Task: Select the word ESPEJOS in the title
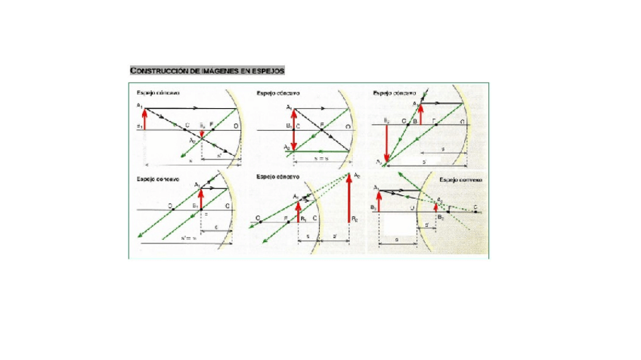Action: tap(268, 70)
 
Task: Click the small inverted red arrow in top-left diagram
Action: tap(201, 134)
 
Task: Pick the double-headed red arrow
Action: tap(295, 130)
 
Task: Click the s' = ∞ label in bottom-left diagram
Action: tap(189, 237)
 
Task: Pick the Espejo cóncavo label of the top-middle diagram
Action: tap(278, 93)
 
